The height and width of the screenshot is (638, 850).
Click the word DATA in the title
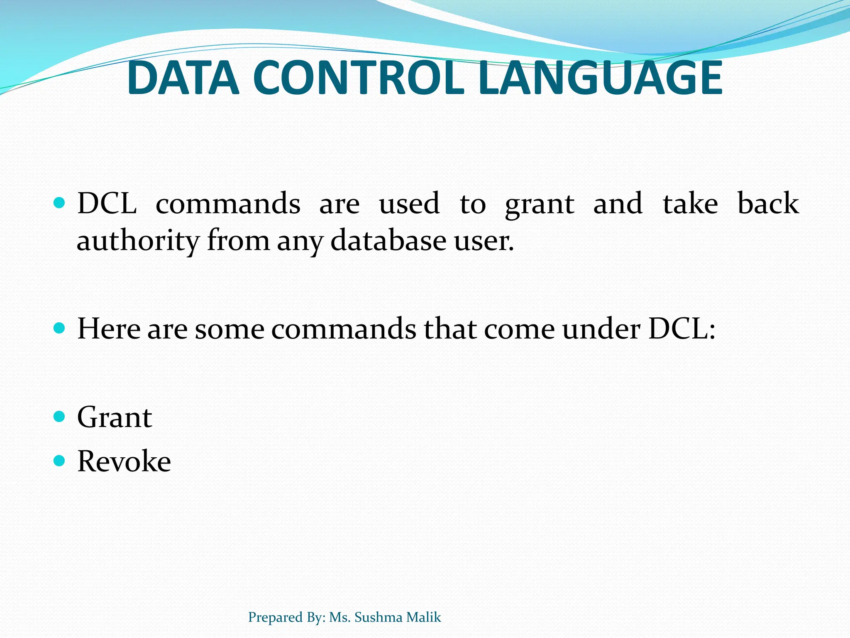[x=183, y=78]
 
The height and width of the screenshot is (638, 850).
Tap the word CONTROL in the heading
[x=358, y=78]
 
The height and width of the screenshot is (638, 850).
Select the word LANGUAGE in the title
[x=600, y=78]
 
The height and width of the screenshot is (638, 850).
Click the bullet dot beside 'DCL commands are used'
[x=60, y=203]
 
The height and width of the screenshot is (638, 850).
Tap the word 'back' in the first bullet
[x=768, y=204]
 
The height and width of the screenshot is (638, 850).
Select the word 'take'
[x=690, y=204]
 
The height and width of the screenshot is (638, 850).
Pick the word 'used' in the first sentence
[x=409, y=204]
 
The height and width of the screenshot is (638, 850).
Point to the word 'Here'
[x=109, y=329]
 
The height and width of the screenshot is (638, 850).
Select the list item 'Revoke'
[x=124, y=461]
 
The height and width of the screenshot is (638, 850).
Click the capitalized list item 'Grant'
[x=115, y=417]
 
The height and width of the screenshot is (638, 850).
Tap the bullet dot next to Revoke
[x=60, y=460]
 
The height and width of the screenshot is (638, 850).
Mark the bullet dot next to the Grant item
[x=60, y=416]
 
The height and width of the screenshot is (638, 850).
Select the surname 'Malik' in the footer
[x=424, y=617]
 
